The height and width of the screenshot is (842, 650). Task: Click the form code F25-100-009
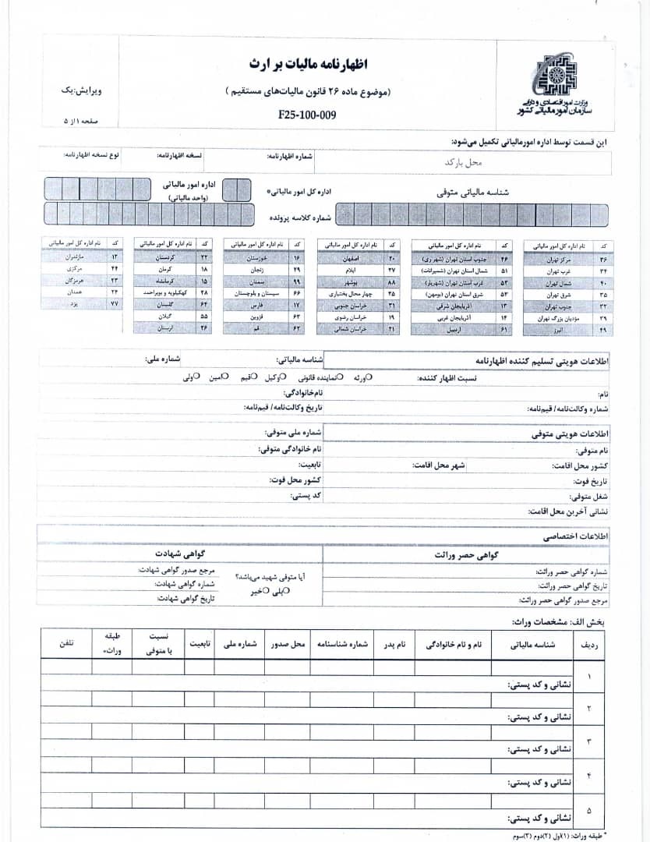tap(306, 115)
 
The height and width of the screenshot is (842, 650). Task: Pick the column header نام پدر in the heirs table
tap(398, 646)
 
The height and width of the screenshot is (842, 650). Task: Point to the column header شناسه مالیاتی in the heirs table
tap(532, 646)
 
